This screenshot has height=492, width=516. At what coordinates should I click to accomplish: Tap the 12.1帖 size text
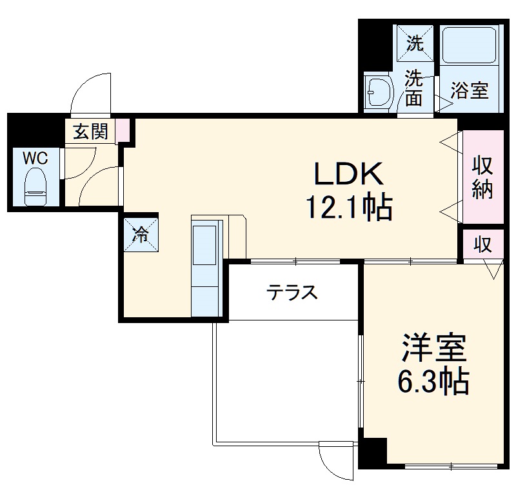point(348,208)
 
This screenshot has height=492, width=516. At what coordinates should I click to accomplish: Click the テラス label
point(293,293)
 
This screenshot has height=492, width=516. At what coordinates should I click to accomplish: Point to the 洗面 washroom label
point(413,89)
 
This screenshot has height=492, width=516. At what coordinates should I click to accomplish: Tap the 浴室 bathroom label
point(469,91)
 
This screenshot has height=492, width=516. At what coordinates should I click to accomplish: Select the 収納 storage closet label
point(482,177)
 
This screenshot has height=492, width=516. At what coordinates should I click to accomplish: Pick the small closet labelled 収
point(482,244)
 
